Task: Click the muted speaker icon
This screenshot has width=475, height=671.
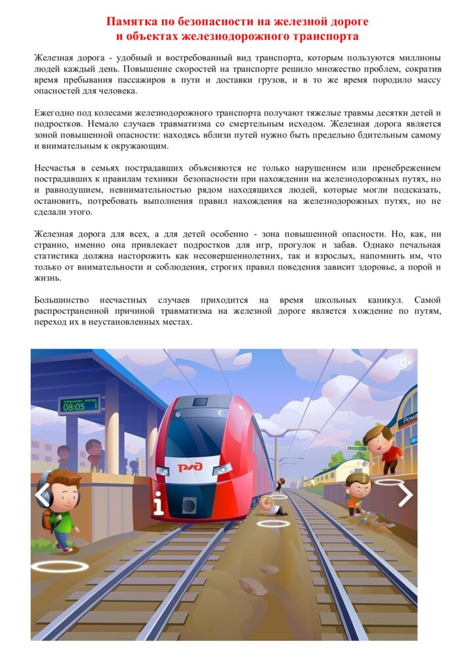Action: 406,362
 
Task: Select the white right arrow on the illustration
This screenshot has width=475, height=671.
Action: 405,495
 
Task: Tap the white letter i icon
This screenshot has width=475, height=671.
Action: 157,503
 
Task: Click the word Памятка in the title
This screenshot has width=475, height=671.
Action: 131,23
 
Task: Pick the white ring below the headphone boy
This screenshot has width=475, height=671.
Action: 60,566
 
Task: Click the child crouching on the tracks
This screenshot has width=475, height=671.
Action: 268,504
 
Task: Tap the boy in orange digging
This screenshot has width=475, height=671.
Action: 358,492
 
